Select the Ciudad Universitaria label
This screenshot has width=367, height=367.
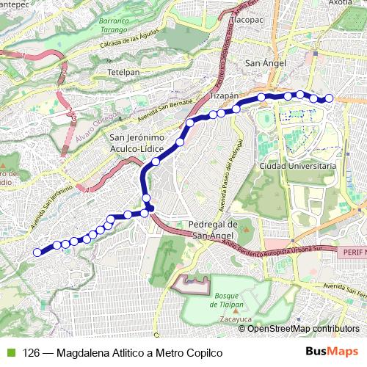click(x=298, y=167)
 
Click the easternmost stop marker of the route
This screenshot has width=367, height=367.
click(x=329, y=98)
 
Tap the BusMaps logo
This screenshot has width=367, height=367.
click(x=331, y=352)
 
